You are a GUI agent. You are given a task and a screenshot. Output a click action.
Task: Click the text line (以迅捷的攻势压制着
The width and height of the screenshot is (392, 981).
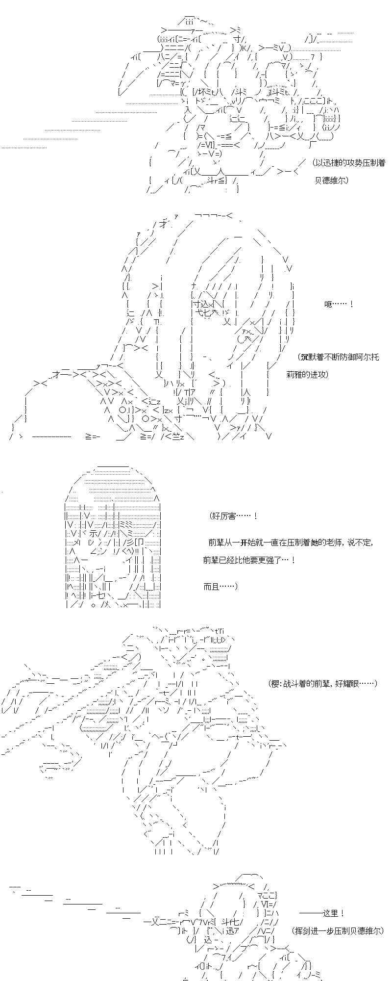point(349,163)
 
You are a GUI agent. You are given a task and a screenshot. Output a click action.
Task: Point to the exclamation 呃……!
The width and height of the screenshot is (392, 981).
point(339,305)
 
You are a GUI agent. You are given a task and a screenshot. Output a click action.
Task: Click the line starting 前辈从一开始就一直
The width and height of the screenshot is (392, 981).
point(290,542)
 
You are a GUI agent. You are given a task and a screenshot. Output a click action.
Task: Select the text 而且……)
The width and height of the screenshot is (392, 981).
point(220,586)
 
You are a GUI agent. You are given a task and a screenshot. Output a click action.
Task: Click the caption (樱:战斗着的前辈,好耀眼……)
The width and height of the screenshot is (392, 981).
point(322,683)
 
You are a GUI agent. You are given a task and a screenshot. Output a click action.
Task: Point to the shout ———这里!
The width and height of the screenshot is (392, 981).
point(321,913)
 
